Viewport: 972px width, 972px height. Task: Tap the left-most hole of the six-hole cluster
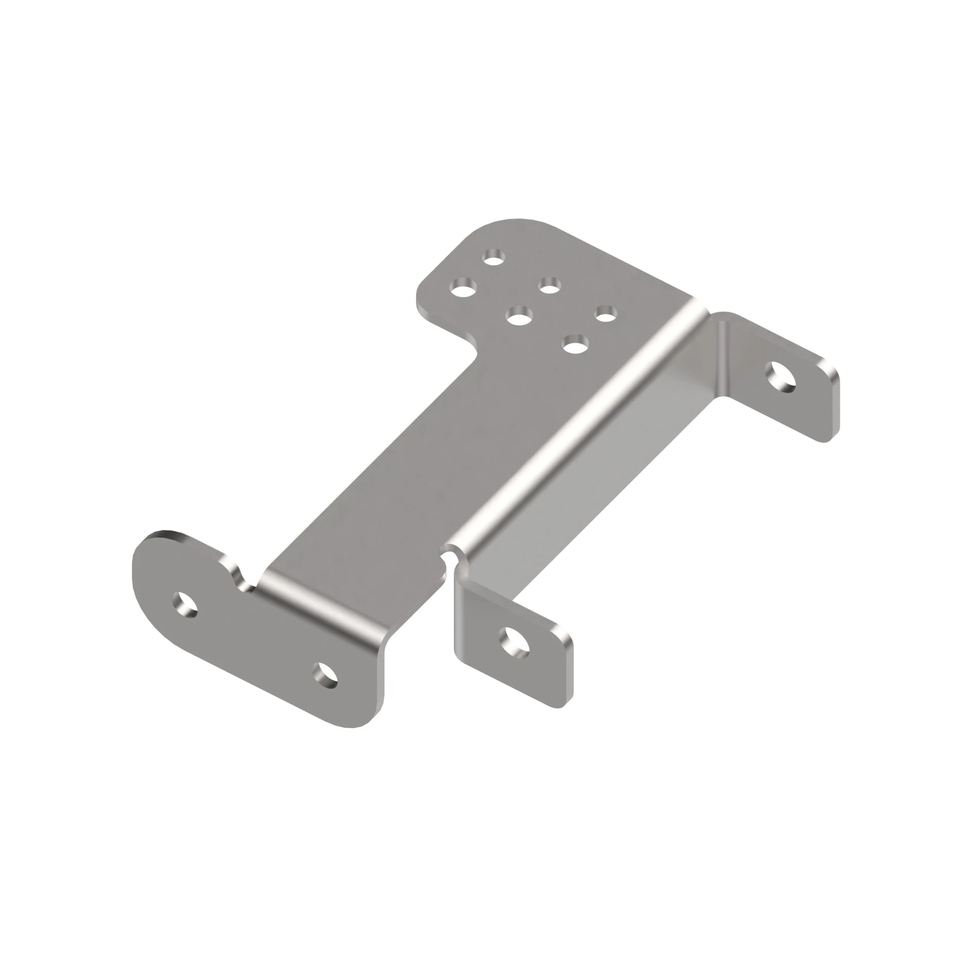tap(463, 289)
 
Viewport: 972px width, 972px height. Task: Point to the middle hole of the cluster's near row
tap(520, 317)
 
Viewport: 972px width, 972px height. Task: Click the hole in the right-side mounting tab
tap(781, 377)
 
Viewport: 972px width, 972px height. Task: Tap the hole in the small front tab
tap(514, 642)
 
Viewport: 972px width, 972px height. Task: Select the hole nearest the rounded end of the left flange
tap(185, 604)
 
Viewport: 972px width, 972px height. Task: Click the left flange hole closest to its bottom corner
tap(325, 676)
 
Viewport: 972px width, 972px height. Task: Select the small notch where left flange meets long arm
tap(246, 585)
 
